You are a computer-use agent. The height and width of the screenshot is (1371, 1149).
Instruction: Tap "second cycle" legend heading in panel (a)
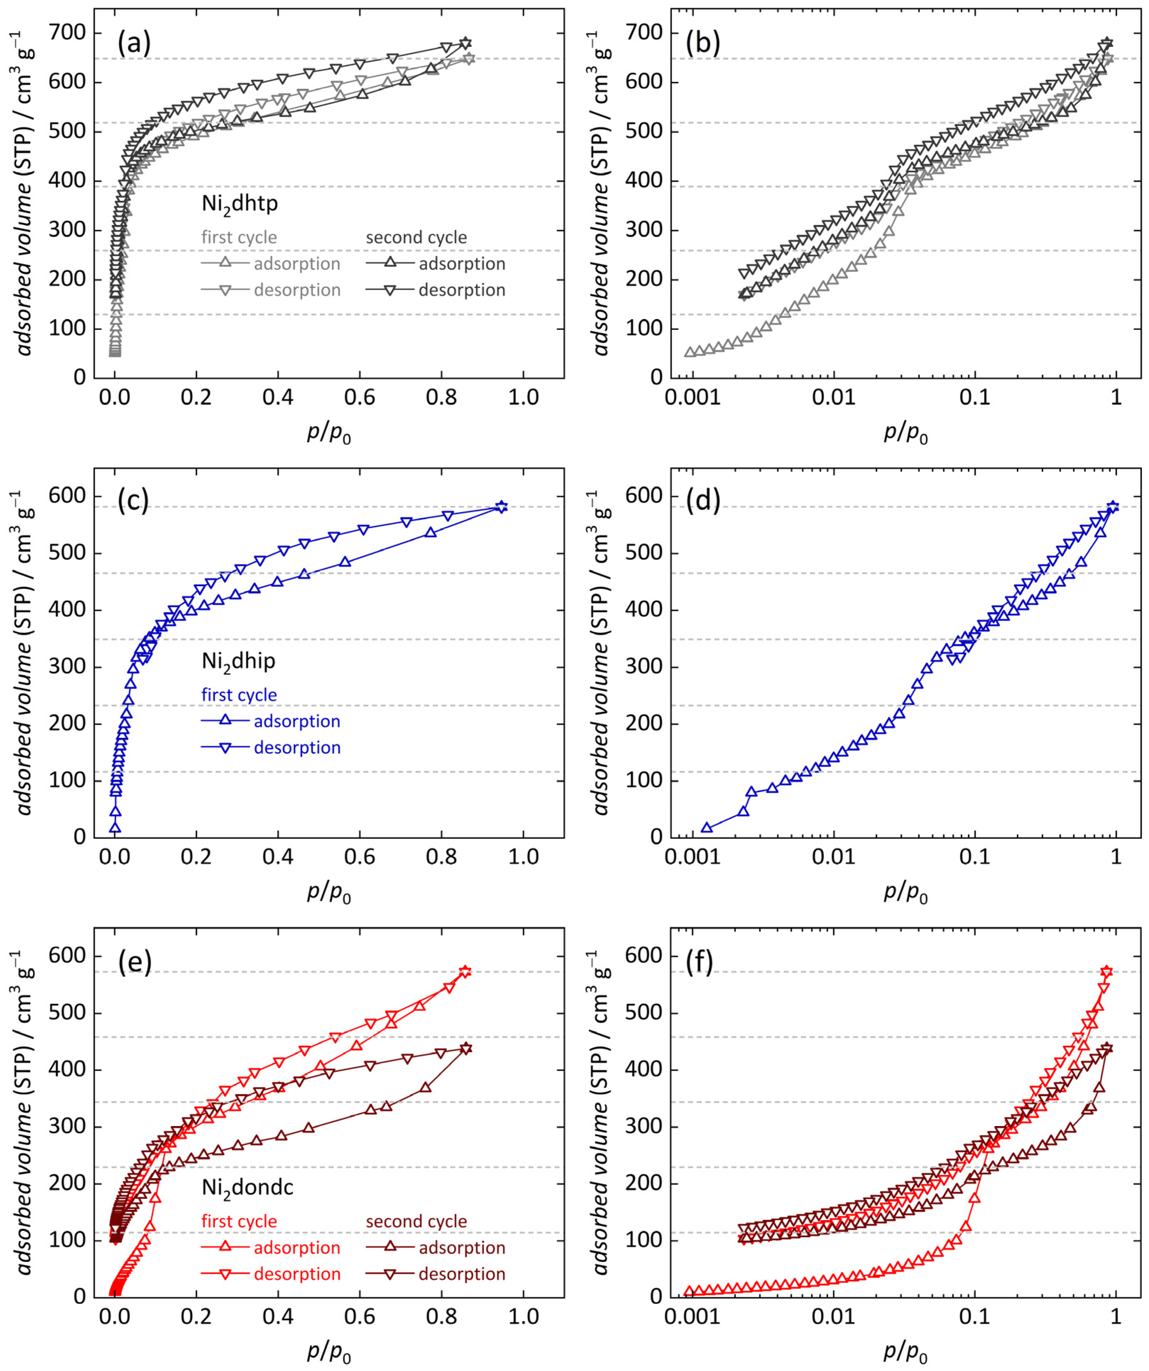pos(416,237)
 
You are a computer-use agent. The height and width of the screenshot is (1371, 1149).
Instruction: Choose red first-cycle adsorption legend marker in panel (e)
pos(225,1247)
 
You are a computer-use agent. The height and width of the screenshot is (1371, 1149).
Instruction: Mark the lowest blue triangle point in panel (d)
pos(707,828)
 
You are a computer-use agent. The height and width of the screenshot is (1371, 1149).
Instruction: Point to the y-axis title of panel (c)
pos(25,653)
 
